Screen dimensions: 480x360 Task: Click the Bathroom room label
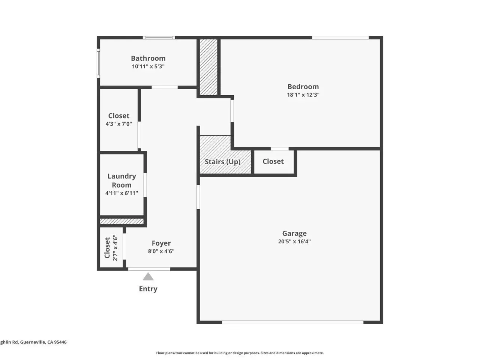148,58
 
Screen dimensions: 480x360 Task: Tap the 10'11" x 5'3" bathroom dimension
148,66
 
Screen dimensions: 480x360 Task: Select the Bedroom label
303,87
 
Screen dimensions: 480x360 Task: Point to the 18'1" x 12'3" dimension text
303,94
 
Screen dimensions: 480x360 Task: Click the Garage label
294,234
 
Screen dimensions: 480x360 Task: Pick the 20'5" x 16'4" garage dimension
294,241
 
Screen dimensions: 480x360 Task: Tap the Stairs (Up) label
222,162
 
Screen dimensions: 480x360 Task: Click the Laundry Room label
121,180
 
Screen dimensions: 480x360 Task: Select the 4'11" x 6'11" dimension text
121,193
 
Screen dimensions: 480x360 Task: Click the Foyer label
161,243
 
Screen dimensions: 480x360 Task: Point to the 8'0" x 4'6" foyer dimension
161,251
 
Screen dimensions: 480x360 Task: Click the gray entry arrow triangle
148,276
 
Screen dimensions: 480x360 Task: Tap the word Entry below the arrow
148,289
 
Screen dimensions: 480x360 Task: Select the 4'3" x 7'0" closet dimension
119,124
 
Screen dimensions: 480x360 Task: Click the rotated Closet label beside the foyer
107,247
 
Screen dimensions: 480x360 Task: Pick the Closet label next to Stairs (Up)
273,161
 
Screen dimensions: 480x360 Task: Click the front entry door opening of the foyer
149,269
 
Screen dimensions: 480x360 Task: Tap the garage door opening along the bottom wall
292,322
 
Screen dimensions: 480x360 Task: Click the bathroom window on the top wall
159,37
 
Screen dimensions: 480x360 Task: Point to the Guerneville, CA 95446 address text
43,342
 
